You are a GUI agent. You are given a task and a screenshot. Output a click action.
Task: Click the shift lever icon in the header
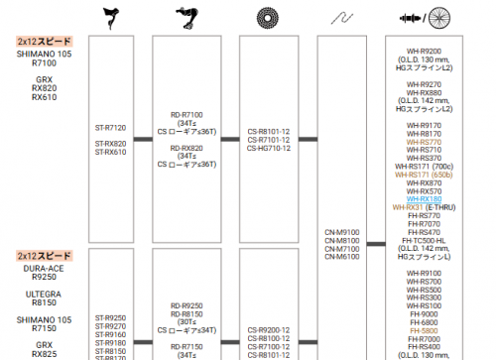[x=111, y=17]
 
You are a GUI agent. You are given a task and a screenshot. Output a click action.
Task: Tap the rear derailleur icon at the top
[x=186, y=17]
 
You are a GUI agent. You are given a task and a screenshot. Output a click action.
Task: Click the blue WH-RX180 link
[x=431, y=198]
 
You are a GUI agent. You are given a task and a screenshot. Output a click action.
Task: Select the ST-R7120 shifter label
[x=111, y=127]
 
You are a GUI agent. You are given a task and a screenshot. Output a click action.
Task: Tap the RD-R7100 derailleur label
[x=186, y=114]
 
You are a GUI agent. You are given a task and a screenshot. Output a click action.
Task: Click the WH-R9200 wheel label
[x=431, y=49]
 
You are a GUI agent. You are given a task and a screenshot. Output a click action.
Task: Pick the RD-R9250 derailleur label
[x=186, y=305]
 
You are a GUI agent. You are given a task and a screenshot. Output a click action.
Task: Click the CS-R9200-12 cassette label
[x=268, y=329]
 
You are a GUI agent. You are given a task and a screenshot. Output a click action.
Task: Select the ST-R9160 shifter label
[x=111, y=334]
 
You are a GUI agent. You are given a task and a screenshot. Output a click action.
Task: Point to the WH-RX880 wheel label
[x=431, y=93]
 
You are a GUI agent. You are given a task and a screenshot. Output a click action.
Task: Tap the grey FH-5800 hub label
[x=431, y=329]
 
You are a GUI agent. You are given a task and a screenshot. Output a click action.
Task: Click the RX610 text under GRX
[x=45, y=98]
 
